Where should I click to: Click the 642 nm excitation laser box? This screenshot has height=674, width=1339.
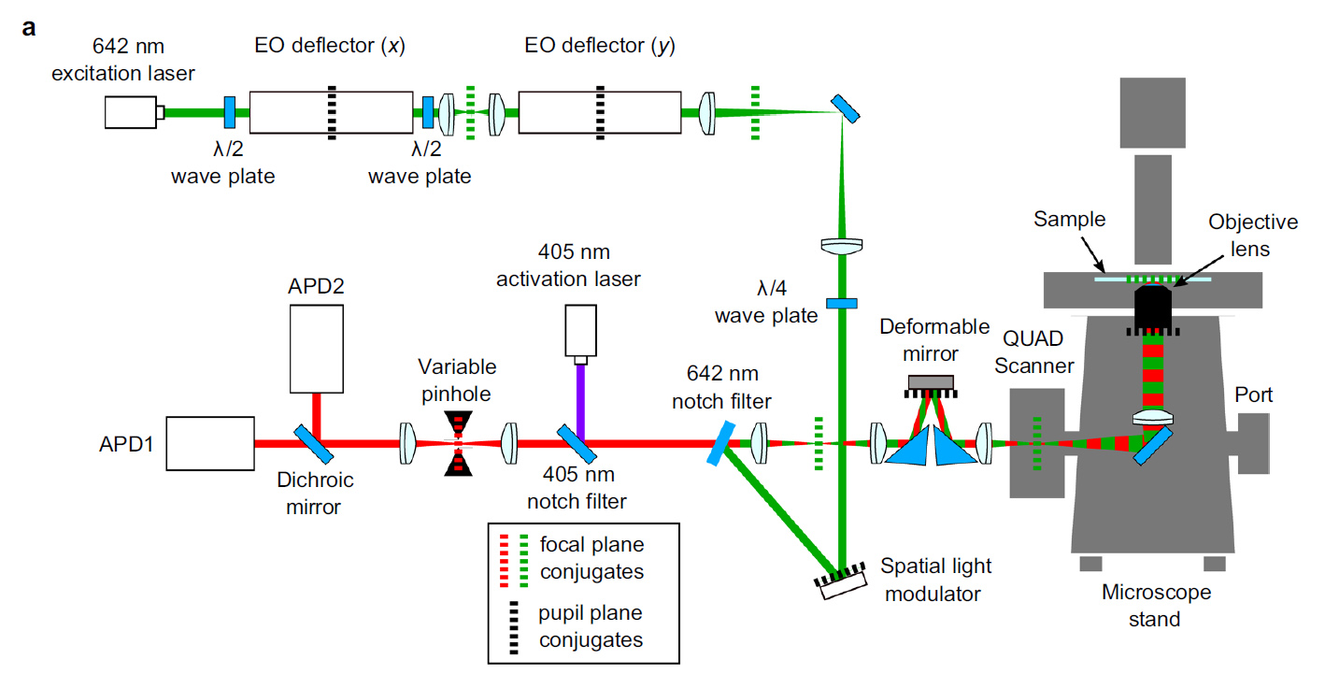131,112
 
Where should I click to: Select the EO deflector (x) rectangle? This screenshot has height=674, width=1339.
331,112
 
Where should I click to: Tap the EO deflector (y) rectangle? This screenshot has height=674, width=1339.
600,112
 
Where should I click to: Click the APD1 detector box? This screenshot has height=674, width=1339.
210,443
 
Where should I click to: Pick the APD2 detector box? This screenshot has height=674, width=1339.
316,349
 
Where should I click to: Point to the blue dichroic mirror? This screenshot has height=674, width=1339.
313,444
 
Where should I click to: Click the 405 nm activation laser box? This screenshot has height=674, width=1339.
580,331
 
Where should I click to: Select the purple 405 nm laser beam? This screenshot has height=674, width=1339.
580,401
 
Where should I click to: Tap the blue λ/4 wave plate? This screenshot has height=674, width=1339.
842,303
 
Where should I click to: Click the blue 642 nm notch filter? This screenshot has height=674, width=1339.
721,443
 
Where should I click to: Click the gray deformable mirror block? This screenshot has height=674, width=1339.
931,382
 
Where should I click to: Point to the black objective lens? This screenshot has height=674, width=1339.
1152,308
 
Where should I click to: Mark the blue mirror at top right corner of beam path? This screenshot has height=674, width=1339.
846,108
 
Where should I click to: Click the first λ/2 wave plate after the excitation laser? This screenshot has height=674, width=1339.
230,112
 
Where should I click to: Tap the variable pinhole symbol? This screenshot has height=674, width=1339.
459,443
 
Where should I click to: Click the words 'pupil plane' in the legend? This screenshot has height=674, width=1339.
590,613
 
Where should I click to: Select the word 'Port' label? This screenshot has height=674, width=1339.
1254,394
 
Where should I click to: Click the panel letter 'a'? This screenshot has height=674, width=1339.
29,28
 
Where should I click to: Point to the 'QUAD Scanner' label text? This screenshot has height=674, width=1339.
1033,352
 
